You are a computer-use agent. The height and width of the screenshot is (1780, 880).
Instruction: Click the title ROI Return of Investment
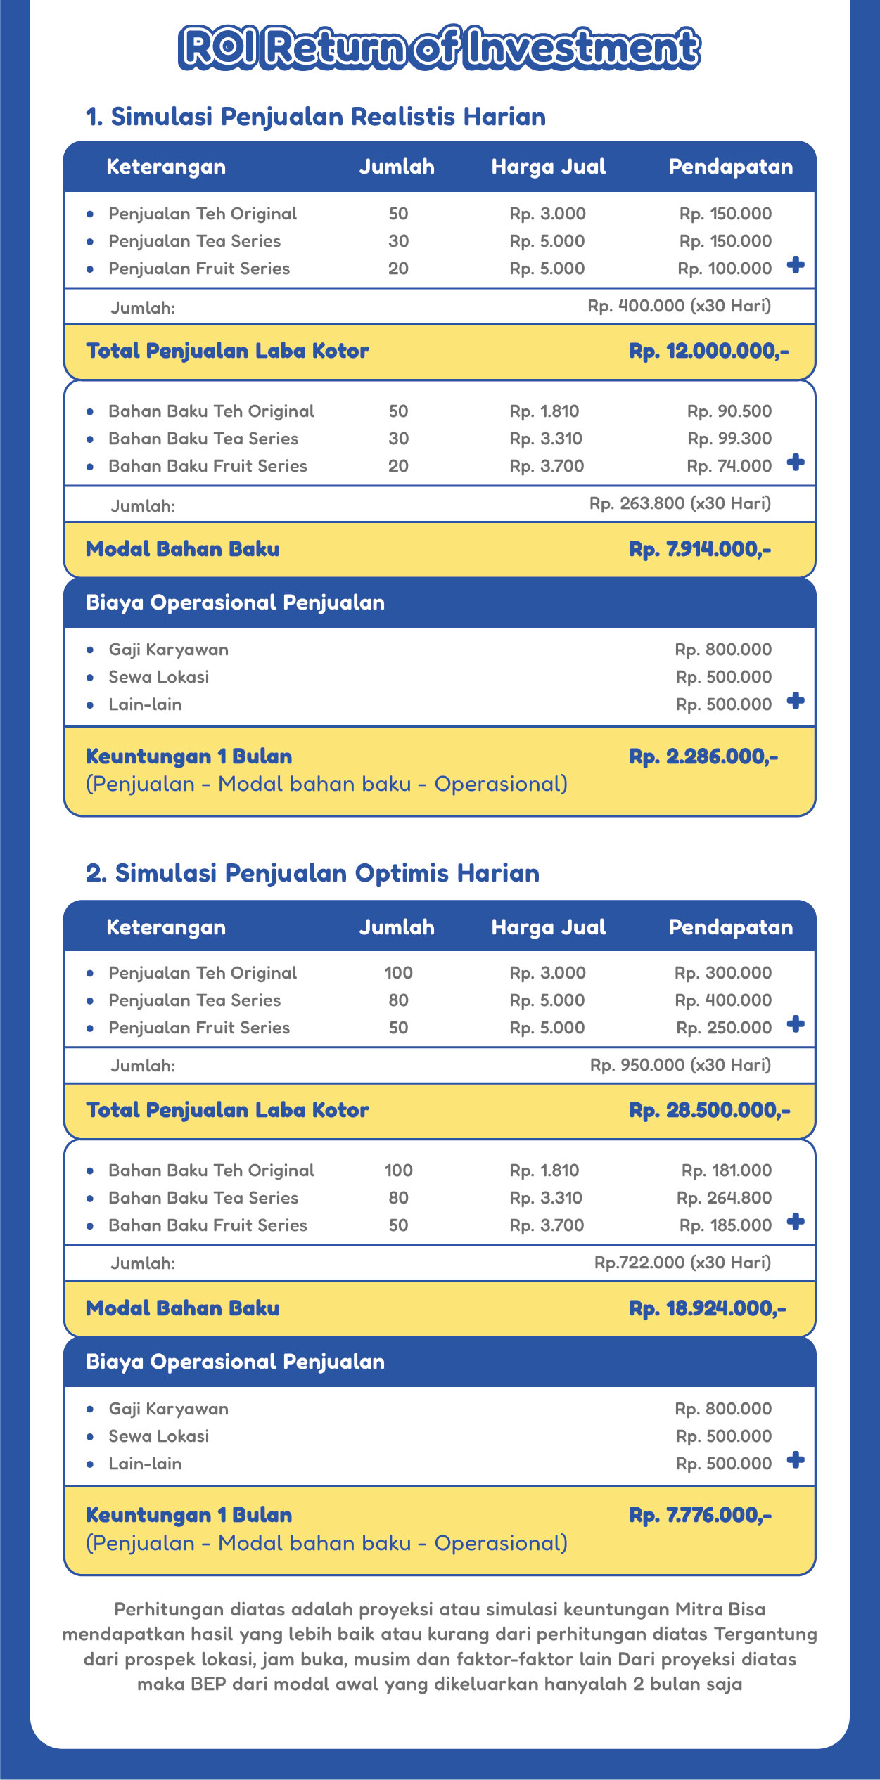pyautogui.click(x=440, y=48)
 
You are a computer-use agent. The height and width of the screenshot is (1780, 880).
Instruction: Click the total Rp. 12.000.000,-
pyautogui.click(x=708, y=351)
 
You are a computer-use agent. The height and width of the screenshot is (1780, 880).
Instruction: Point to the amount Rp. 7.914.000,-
pyautogui.click(x=700, y=549)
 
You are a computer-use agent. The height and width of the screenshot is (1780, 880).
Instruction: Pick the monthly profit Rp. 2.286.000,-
pyautogui.click(x=703, y=756)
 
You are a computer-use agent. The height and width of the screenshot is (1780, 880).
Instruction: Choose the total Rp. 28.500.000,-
pyautogui.click(x=709, y=1110)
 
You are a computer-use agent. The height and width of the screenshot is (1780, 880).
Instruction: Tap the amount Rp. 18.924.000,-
pyautogui.click(x=707, y=1308)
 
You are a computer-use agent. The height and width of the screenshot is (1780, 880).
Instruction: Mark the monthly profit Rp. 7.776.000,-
pyautogui.click(x=700, y=1515)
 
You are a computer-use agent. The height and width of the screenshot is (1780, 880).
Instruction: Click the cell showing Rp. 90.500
pyautogui.click(x=729, y=411)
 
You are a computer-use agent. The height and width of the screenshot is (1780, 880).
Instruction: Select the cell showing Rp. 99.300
pyautogui.click(x=729, y=439)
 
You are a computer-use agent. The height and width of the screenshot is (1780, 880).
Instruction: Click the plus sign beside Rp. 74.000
pyautogui.click(x=796, y=463)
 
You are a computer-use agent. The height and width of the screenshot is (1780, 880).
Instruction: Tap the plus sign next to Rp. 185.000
pyautogui.click(x=796, y=1222)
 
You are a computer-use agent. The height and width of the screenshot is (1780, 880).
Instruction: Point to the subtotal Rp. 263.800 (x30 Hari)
pyautogui.click(x=680, y=503)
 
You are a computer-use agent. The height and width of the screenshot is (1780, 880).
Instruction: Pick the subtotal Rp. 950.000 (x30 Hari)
pyautogui.click(x=680, y=1065)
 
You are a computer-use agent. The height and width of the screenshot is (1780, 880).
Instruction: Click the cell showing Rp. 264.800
pyautogui.click(x=724, y=1198)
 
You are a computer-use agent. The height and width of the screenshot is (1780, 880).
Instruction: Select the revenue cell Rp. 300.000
pyautogui.click(x=722, y=973)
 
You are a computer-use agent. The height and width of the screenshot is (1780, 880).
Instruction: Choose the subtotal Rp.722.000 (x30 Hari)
pyautogui.click(x=682, y=1263)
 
